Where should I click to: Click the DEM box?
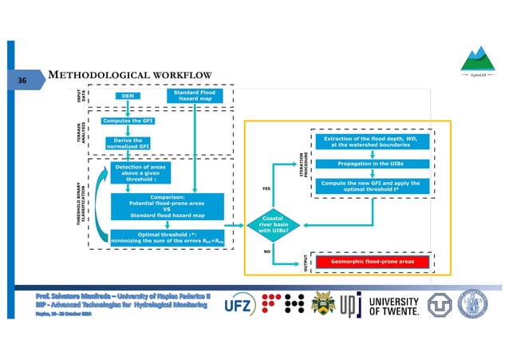[128, 96]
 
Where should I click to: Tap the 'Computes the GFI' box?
[128, 121]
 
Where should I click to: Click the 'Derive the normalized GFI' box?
[128, 144]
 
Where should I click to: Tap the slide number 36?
[22, 81]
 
